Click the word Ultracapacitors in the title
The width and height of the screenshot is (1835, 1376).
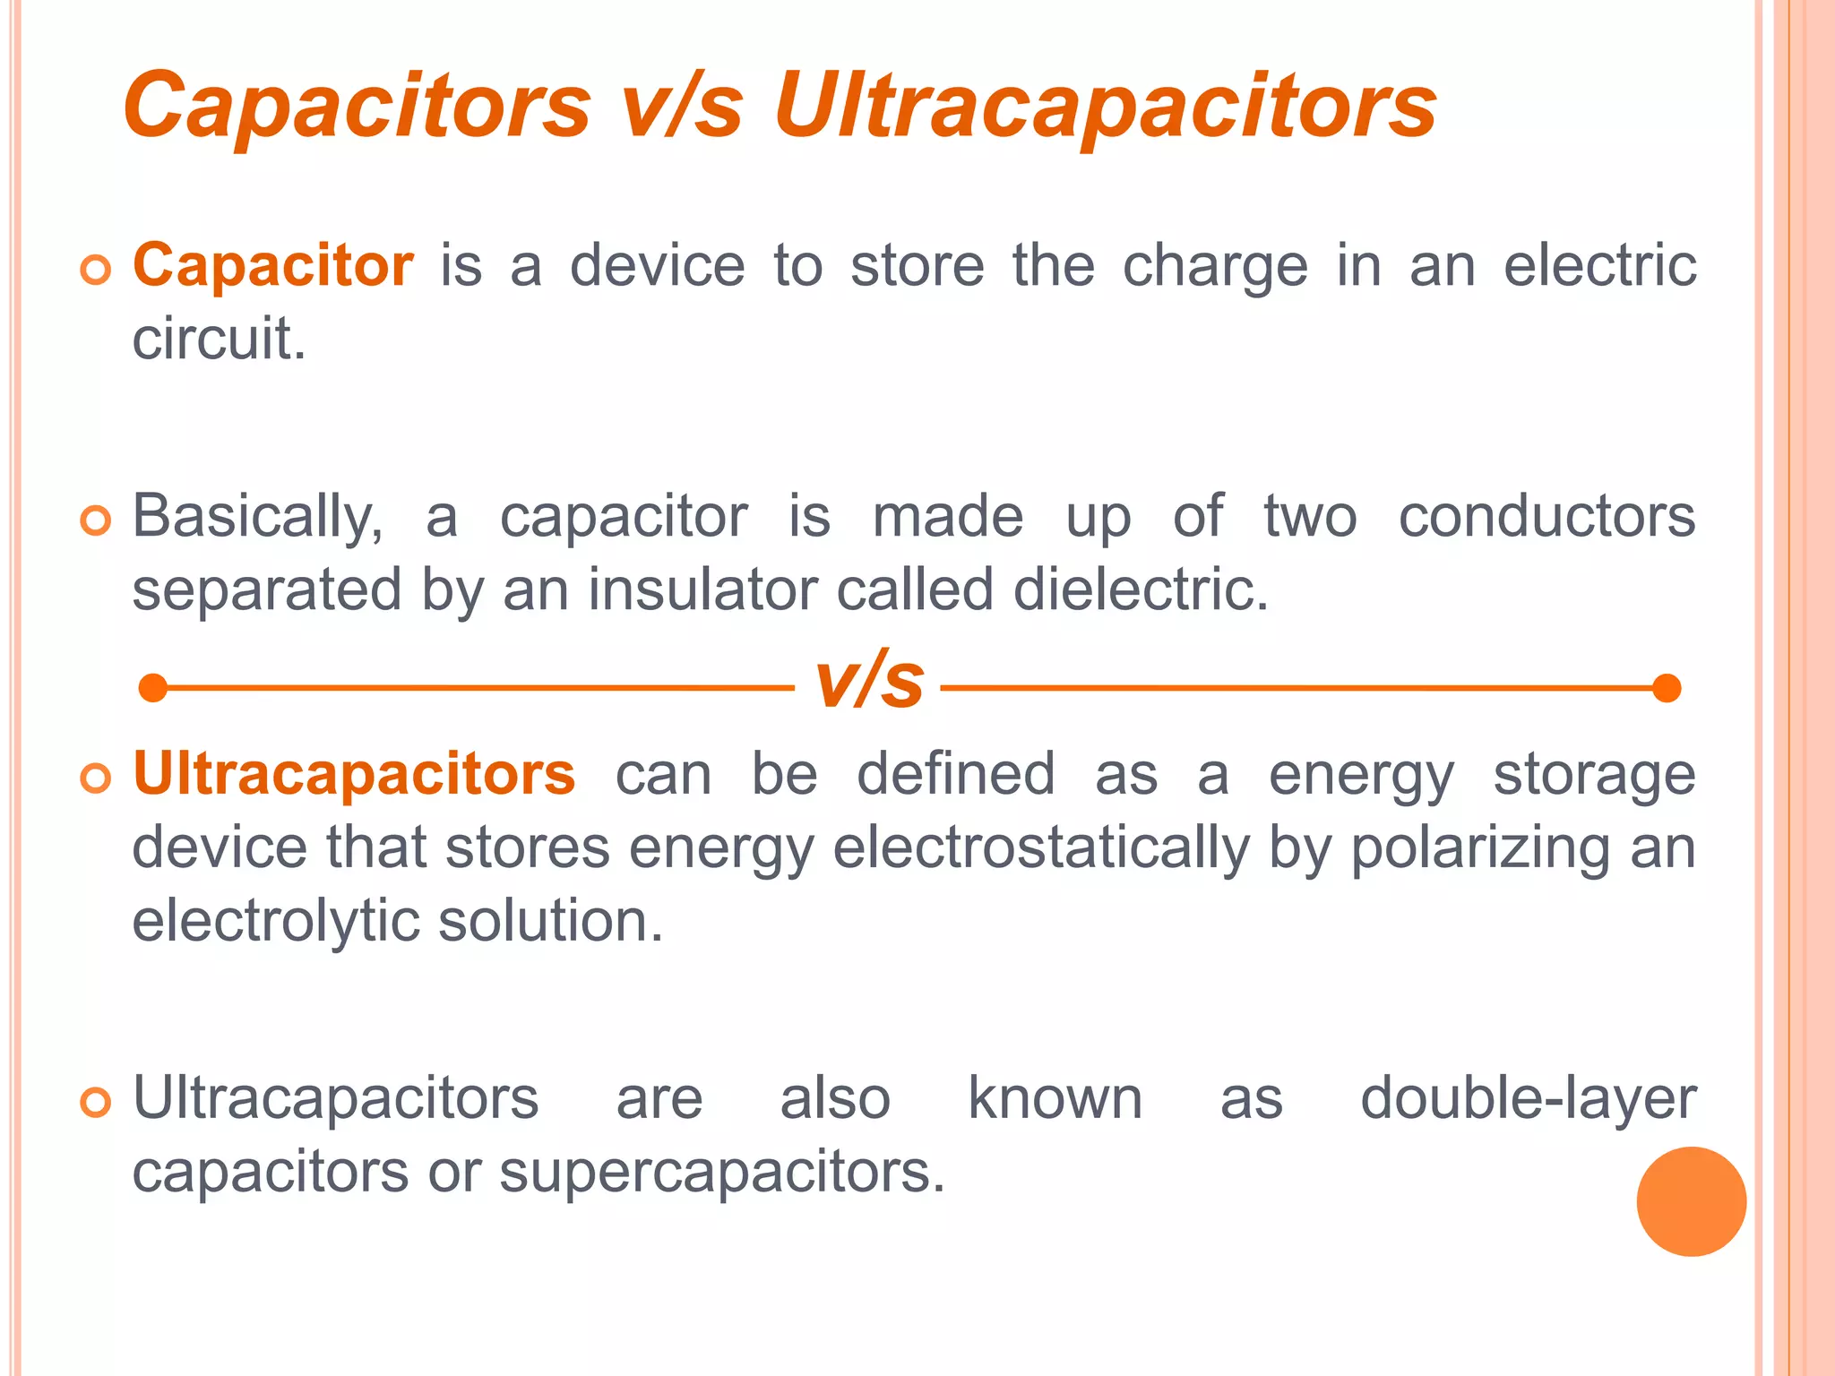point(1105,106)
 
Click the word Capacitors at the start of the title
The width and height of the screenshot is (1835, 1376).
point(357,106)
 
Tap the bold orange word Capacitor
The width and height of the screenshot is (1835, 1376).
point(273,266)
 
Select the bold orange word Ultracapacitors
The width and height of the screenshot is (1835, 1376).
point(354,774)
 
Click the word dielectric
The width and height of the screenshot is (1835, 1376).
point(1141,590)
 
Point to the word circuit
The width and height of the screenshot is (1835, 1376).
point(219,340)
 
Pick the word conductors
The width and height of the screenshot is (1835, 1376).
point(1546,518)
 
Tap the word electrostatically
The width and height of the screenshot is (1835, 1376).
point(1040,847)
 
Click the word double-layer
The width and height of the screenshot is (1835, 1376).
point(1528,1099)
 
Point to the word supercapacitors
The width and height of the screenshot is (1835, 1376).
point(721,1172)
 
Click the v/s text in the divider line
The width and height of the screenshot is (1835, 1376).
point(868,681)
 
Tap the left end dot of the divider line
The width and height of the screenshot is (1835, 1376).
point(154,688)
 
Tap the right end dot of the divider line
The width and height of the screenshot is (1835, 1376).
point(1666,688)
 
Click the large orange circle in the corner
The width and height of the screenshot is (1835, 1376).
point(1691,1201)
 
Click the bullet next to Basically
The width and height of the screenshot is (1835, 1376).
point(95,520)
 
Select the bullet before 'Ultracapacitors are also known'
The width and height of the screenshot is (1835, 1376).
point(95,1102)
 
